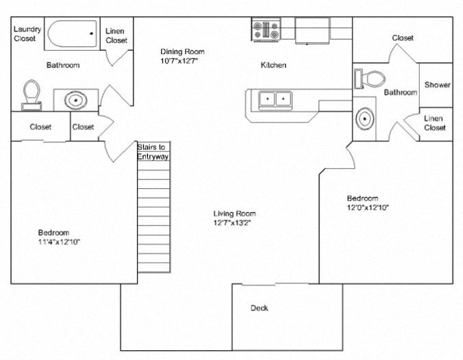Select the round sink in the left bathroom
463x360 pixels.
click(74, 101)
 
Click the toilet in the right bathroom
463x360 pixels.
click(368, 78)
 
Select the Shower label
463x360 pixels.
click(437, 85)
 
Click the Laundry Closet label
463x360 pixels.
click(27, 34)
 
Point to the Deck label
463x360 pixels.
click(259, 308)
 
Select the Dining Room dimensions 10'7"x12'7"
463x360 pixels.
click(182, 61)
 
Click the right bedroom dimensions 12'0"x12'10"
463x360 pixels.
click(368, 207)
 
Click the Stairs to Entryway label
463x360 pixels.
click(153, 152)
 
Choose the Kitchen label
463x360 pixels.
click(273, 66)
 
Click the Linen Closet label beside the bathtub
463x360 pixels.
click(116, 36)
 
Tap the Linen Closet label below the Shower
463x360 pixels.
click(435, 123)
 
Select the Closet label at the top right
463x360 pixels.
click(403, 38)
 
